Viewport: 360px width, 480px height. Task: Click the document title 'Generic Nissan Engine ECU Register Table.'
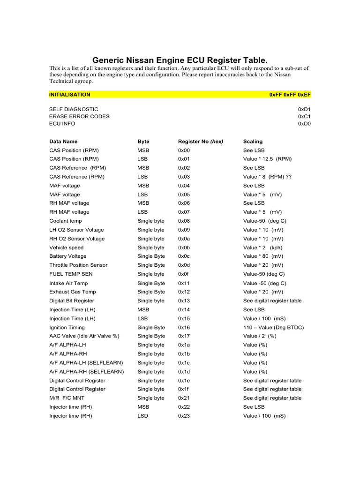pos(180,60)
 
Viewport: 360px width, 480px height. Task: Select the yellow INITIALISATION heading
pos(70,95)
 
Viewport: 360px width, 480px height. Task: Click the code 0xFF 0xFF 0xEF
pos(290,95)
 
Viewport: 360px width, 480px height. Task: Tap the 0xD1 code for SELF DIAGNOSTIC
pos(304,109)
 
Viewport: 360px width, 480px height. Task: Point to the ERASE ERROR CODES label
pos(79,116)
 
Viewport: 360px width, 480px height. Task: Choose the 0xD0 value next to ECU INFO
pos(304,124)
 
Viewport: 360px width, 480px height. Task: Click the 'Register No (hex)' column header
pos(201,142)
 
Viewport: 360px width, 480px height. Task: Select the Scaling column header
pos(253,142)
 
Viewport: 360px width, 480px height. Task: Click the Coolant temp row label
pos(65,221)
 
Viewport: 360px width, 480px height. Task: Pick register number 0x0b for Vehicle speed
pos(184,247)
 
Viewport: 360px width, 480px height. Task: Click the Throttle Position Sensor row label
pos(78,265)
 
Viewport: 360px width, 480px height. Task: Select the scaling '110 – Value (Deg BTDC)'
pos(273,327)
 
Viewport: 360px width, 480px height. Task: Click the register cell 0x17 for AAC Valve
pos(184,336)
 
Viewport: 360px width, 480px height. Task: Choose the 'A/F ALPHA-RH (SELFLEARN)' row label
pos(87,372)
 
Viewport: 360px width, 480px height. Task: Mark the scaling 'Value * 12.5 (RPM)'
pos(267,159)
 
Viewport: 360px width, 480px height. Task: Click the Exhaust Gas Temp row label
pos(73,292)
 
